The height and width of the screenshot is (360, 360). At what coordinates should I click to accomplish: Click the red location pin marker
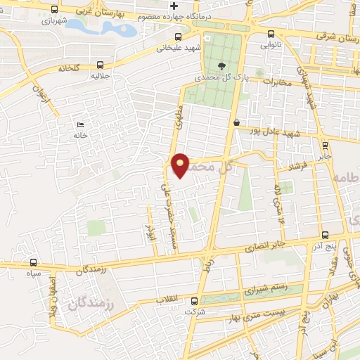coord(181,165)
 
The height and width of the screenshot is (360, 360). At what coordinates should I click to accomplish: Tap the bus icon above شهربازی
coord(55,10)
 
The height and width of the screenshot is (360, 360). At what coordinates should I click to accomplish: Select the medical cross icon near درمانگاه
coord(174,6)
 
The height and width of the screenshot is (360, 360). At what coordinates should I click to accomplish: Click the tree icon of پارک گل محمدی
coord(222,66)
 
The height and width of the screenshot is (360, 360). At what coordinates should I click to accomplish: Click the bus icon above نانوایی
coord(271,34)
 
